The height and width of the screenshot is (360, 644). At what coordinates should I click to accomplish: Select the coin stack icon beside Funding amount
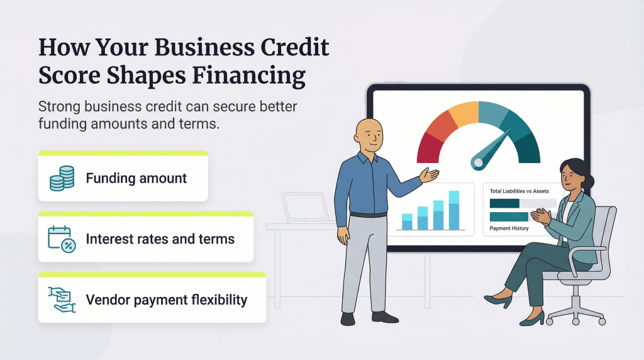click(62, 178)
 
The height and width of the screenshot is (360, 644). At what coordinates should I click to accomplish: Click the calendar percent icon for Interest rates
click(62, 239)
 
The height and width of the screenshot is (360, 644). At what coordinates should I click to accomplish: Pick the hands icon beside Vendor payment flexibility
click(62, 300)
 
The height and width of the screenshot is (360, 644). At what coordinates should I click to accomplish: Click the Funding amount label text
click(136, 178)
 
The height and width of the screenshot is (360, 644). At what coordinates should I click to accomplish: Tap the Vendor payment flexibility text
click(167, 300)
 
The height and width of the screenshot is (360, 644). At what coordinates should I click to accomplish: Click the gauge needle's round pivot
click(479, 162)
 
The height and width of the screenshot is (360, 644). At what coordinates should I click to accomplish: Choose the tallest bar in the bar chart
click(454, 211)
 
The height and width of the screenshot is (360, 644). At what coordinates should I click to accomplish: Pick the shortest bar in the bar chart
click(407, 222)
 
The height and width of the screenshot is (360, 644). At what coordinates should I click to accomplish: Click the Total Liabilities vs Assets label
click(520, 191)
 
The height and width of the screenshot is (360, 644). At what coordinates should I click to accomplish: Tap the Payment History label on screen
click(509, 228)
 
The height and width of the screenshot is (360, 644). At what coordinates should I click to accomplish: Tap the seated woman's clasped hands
click(539, 217)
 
